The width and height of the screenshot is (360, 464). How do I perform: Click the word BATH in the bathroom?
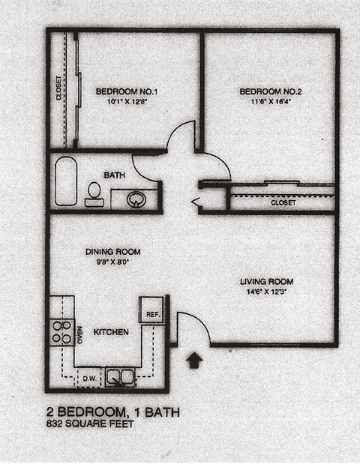[114, 175]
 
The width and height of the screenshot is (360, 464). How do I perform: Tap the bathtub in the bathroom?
[66, 181]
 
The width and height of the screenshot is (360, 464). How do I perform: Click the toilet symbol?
[94, 194]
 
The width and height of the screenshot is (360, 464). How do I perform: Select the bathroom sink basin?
[136, 199]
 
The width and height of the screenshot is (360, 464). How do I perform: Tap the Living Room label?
[266, 282]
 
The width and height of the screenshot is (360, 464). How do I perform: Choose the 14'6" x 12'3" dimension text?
[266, 292]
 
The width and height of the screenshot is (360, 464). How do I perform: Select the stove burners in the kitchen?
[61, 332]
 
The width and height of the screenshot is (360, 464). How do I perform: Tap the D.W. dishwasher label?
[89, 378]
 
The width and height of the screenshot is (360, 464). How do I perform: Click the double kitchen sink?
[120, 376]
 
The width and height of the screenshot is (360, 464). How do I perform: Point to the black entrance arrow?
[193, 361]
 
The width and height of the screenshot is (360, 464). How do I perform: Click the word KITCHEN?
[111, 332]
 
